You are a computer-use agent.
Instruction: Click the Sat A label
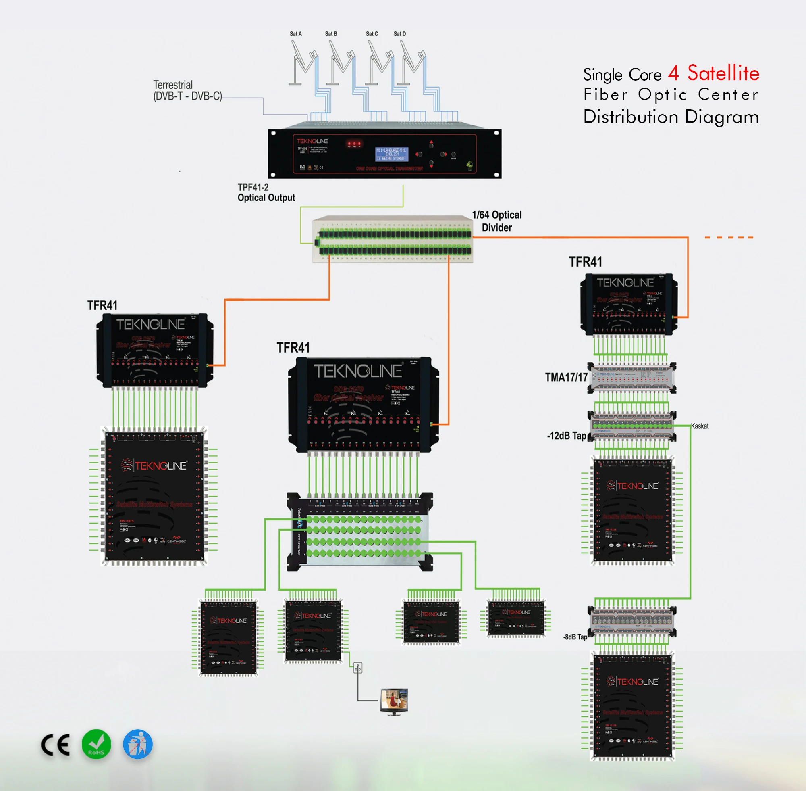295,34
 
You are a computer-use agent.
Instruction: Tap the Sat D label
400,34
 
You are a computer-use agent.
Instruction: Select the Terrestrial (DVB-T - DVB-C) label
187,91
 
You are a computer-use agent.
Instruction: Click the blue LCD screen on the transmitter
391,154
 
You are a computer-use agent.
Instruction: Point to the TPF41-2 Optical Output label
266,193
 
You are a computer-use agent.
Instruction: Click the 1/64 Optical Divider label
497,221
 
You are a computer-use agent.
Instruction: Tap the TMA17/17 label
566,377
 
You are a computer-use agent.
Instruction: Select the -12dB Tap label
567,436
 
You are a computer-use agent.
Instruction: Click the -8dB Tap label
575,637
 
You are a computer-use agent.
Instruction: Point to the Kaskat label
700,426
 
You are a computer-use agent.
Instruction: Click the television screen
394,699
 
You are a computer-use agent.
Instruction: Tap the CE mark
56,745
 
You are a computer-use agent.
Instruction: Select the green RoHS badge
96,744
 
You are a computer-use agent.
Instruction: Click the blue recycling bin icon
138,744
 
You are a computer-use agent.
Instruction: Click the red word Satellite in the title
723,73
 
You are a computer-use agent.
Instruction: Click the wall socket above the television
358,668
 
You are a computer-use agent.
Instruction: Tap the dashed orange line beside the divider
729,238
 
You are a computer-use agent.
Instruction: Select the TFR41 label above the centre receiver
293,348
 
